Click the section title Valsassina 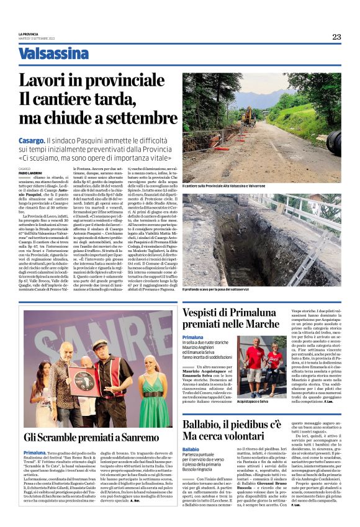tap(53, 54)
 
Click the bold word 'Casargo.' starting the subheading tap(32, 142)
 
